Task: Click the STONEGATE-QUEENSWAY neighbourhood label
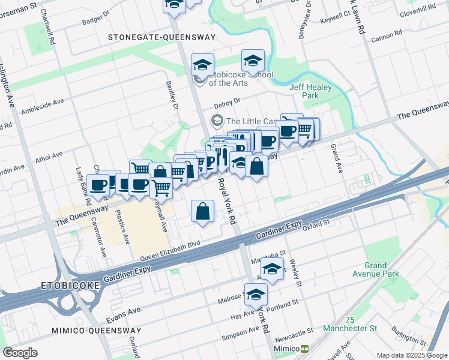pyautogui.click(x=161, y=37)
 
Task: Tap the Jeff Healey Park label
pyautogui.click(x=310, y=91)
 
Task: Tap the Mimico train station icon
pyautogui.click(x=305, y=349)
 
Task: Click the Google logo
pyautogui.click(x=20, y=353)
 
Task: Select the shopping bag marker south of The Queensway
pyautogui.click(x=203, y=212)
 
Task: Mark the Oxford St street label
pyautogui.click(x=317, y=226)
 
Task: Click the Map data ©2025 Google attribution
pyautogui.click(x=411, y=355)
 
